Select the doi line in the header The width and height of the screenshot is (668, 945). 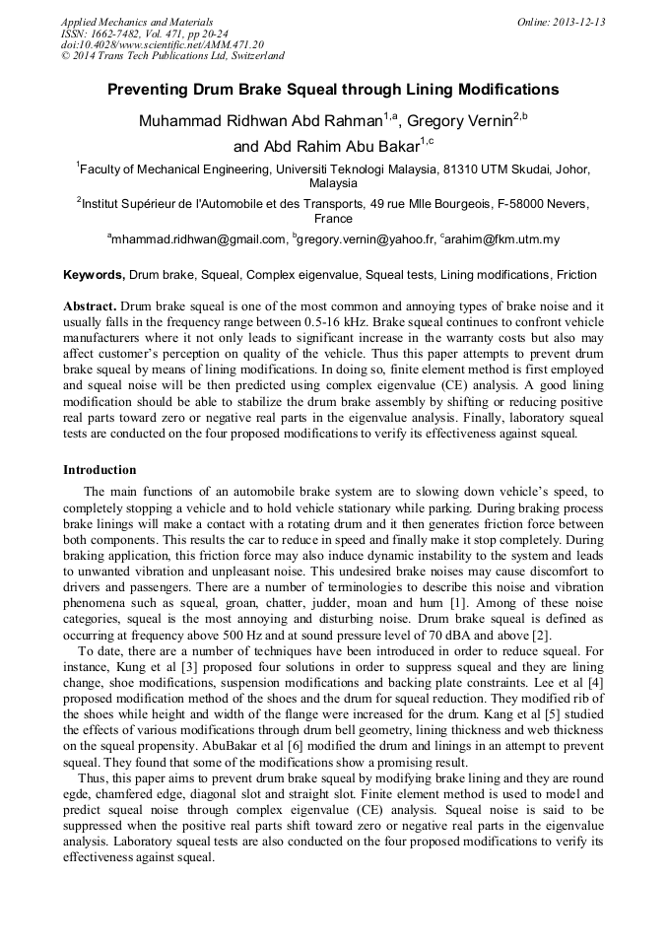coord(163,44)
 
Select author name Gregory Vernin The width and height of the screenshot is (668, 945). coord(460,121)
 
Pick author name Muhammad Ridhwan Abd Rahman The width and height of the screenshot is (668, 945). coord(261,121)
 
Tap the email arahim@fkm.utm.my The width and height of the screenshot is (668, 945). coord(502,239)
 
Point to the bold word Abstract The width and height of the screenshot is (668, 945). coord(93,306)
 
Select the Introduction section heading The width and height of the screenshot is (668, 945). coord(100,470)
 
